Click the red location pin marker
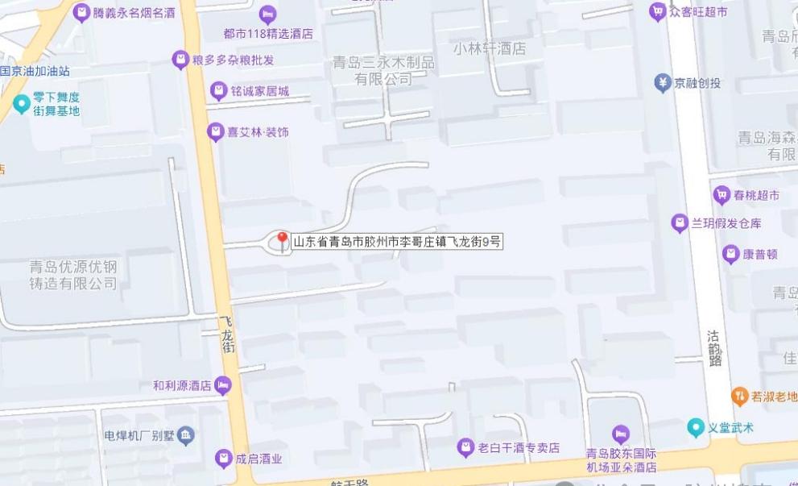click(x=282, y=240)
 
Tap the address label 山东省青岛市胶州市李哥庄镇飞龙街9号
click(x=397, y=241)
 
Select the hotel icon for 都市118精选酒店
click(x=268, y=15)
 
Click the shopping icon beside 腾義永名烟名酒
click(x=81, y=13)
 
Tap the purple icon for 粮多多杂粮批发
click(x=180, y=60)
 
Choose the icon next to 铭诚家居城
click(x=217, y=91)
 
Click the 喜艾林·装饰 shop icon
click(x=215, y=131)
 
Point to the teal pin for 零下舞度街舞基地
click(x=21, y=103)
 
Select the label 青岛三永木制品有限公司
click(x=384, y=70)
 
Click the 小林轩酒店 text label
click(x=490, y=48)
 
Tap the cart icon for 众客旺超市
click(x=658, y=11)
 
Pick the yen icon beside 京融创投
click(x=662, y=82)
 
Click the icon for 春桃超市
click(x=722, y=194)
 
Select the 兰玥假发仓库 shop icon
click(x=680, y=223)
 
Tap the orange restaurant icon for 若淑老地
click(x=739, y=396)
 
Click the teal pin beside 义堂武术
click(x=696, y=427)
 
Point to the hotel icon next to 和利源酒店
click(x=223, y=385)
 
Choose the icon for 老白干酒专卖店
click(x=465, y=447)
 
